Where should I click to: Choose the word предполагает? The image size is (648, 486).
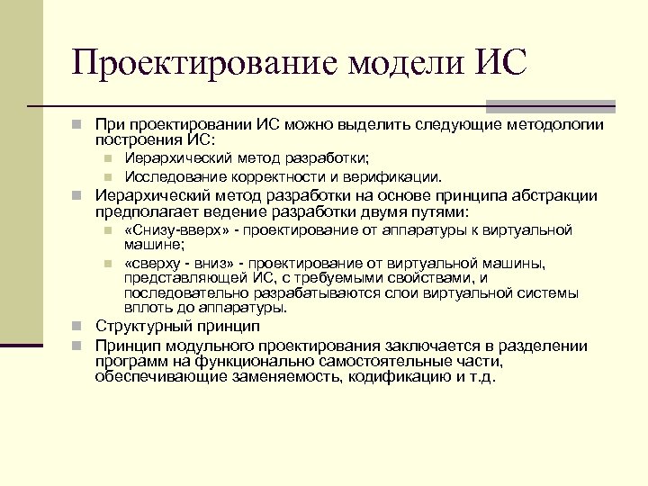(148, 211)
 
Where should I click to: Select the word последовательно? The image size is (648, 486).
(184, 293)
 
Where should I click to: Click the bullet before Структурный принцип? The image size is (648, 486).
(79, 326)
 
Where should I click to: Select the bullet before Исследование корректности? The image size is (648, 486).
(106, 176)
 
